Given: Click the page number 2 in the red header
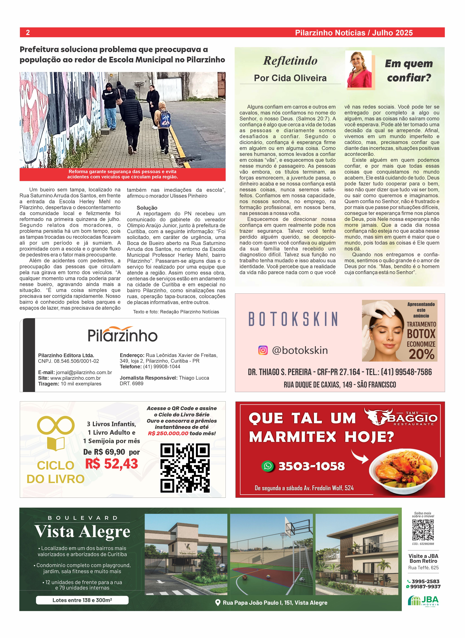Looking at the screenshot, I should pyautogui.click(x=28, y=32).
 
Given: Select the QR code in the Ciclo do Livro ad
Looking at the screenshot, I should pyautogui.click(x=185, y=468).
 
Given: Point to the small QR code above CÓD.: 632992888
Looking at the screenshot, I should pyautogui.click(x=423, y=530).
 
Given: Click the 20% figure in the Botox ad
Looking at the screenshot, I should pyautogui.click(x=421, y=354).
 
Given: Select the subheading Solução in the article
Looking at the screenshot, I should pyautogui.click(x=147, y=208).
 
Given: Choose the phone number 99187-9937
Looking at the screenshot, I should pyautogui.click(x=425, y=586).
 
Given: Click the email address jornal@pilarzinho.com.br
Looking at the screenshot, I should pyautogui.click(x=84, y=372).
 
